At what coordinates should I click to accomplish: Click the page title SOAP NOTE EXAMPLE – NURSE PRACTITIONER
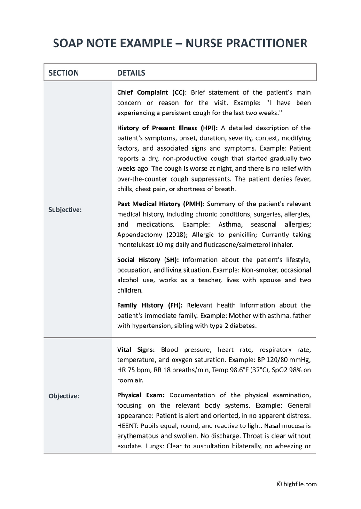pyautogui.click(x=180, y=43)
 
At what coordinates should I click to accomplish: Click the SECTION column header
pyautogui.click(x=63, y=73)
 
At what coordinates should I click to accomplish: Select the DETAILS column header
pyautogui.click(x=131, y=73)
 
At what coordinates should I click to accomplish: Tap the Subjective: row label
pyautogui.click(x=65, y=210)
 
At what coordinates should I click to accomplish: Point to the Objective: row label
pyautogui.click(x=64, y=396)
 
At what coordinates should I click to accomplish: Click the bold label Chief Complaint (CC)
pyautogui.click(x=151, y=92)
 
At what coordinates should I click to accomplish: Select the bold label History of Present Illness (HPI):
pyautogui.click(x=167, y=128)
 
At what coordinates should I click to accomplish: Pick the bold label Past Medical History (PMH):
pyautogui.click(x=160, y=204)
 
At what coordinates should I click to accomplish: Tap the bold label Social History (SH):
pyautogui.click(x=148, y=260)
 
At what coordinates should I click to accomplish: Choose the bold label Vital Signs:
pyautogui.click(x=136, y=350)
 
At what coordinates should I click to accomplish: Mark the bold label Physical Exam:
pyautogui.click(x=141, y=395)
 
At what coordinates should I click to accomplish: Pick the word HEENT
pyautogui.click(x=128, y=425)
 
